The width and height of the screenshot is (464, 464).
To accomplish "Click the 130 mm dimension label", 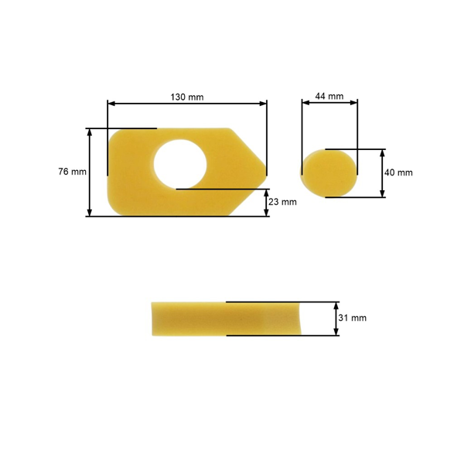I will [x=186, y=97].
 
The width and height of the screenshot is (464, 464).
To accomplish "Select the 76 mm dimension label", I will [x=72, y=172].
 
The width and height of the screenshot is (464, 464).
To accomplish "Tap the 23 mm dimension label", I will [x=282, y=202].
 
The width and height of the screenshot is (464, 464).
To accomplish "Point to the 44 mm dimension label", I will [x=329, y=97].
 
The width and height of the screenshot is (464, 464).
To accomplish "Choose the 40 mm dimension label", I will [x=399, y=172].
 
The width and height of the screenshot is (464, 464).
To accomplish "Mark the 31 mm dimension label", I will [x=353, y=318].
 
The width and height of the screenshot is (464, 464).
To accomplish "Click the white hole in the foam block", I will [x=179, y=163].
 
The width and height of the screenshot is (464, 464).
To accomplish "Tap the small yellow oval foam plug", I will [x=329, y=172].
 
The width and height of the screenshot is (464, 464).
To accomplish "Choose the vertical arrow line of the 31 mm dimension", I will [x=336, y=318].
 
